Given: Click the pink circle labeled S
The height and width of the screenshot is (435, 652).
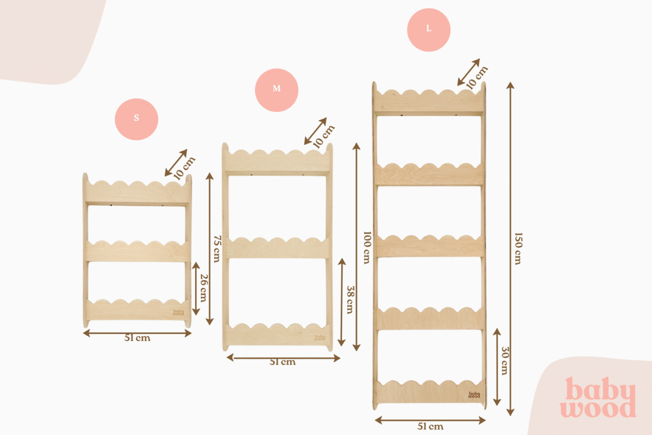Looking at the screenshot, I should point(136,118).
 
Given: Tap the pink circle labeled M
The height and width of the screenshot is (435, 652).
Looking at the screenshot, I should point(277,89).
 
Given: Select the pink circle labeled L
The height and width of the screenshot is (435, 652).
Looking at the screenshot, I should point(429,29).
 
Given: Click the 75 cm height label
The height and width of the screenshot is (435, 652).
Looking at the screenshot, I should point(217,248).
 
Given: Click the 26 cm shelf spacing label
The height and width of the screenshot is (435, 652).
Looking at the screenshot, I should point(203,288).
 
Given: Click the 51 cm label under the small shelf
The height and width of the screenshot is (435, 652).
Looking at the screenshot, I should point(137,338).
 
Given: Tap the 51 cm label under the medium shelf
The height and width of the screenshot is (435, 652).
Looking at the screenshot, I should point(283,362).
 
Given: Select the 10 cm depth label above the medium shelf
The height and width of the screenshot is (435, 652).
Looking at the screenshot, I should point(324,136).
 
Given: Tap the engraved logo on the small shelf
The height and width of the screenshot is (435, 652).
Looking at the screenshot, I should point(179,313).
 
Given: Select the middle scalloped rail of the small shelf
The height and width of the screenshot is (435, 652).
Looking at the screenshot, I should point(137,251).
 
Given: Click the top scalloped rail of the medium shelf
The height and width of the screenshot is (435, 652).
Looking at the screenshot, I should point(278,160).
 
